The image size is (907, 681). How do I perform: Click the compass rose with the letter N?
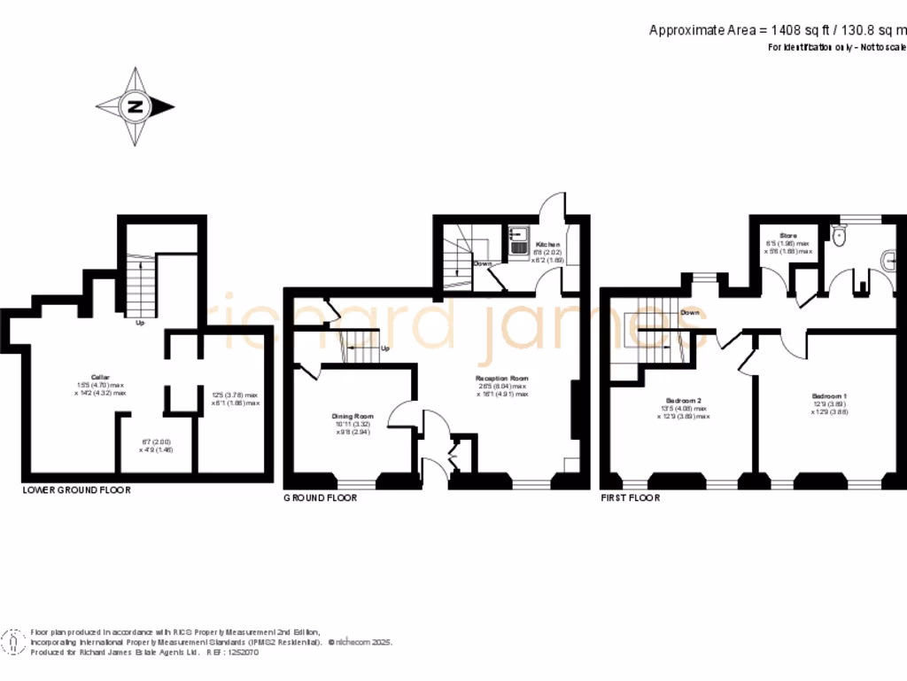(x=136, y=107)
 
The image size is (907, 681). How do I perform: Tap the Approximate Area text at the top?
(x=777, y=30)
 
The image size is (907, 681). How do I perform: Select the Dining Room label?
(x=353, y=416)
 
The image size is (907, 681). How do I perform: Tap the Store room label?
(x=787, y=236)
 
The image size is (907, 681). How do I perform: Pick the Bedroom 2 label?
(x=683, y=401)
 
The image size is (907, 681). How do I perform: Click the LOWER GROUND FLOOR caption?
(x=76, y=489)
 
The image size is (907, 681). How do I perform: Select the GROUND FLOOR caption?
(x=320, y=497)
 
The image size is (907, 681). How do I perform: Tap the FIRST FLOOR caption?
(x=630, y=497)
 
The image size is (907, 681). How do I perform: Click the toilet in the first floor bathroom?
(x=841, y=234)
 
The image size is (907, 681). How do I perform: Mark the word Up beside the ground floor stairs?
(x=384, y=348)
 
